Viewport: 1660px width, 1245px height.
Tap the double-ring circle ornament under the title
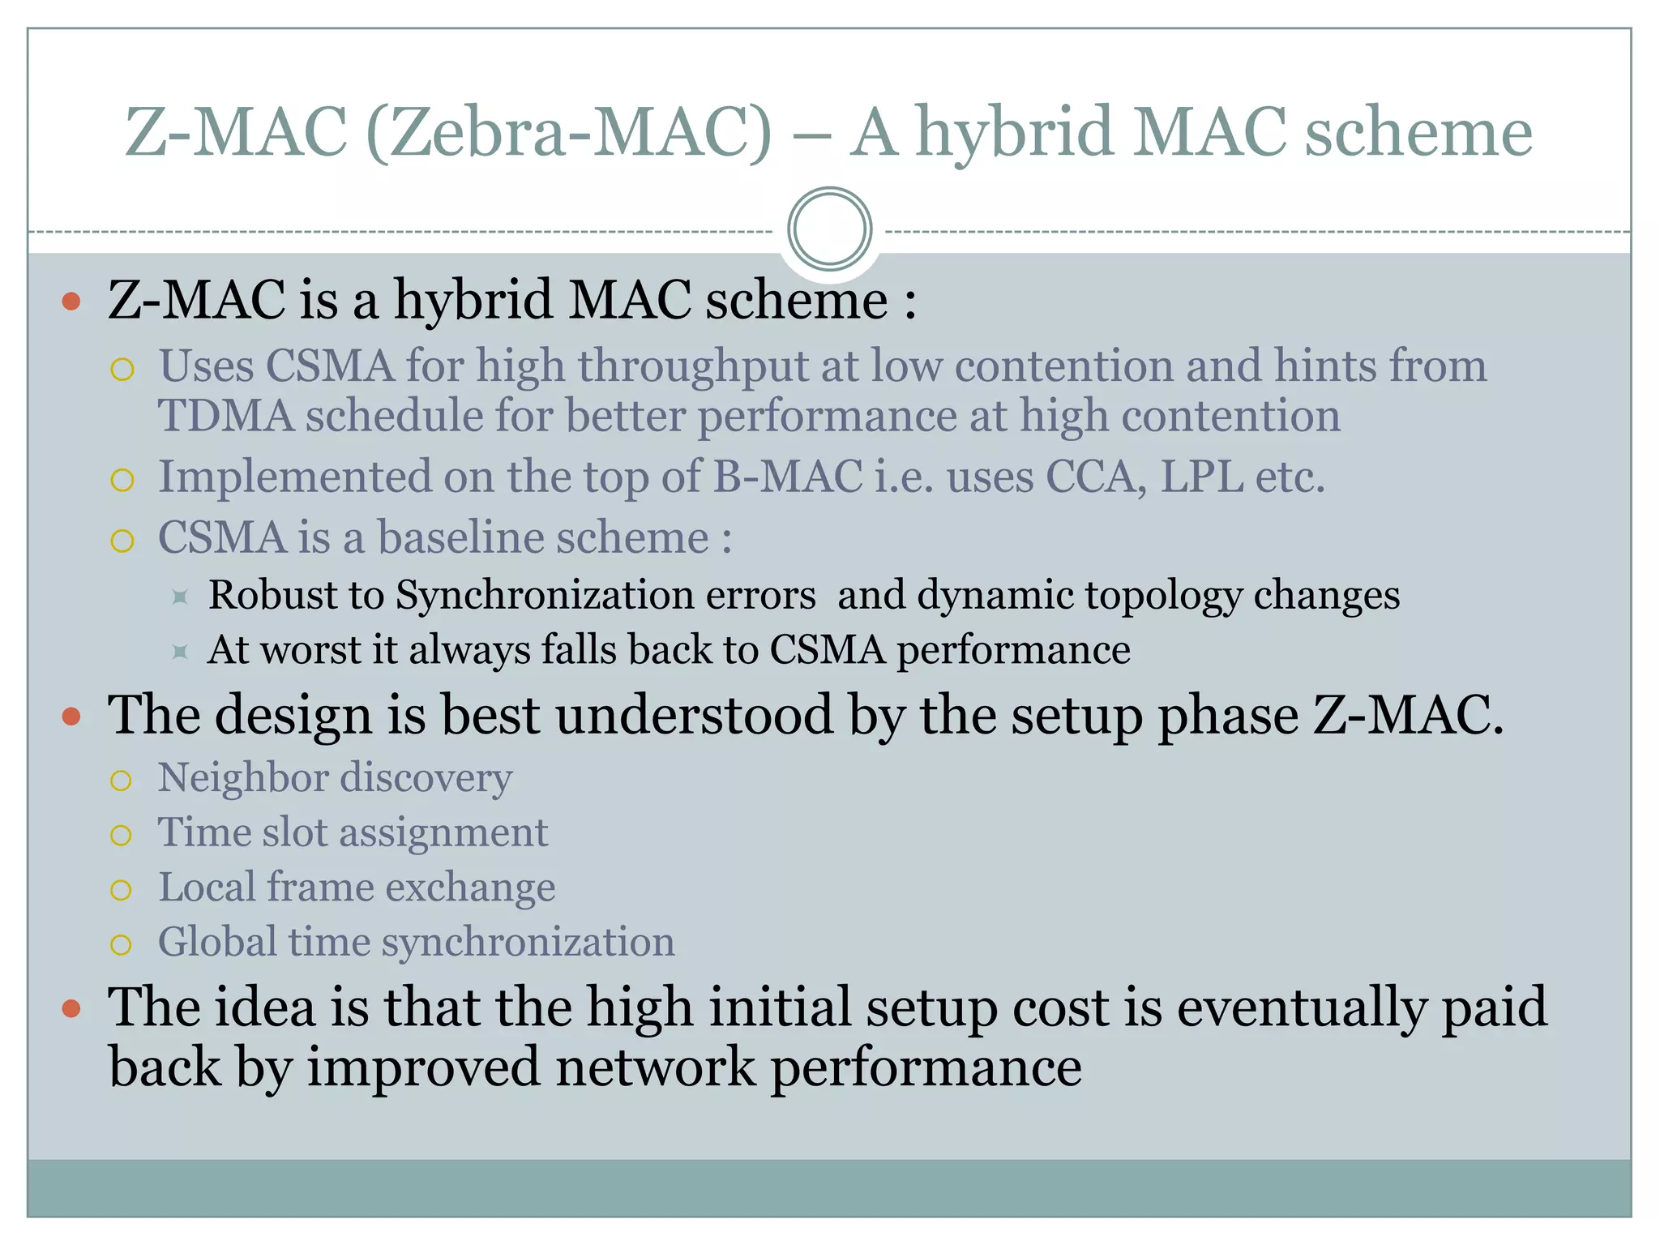point(829,229)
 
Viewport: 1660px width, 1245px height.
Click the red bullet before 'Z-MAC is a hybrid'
point(71,302)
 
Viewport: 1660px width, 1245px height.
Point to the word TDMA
point(225,416)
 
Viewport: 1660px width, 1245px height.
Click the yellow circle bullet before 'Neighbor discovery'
point(121,781)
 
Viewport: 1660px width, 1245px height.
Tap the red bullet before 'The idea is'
point(71,1008)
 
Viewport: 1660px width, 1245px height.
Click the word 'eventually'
point(1301,1008)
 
